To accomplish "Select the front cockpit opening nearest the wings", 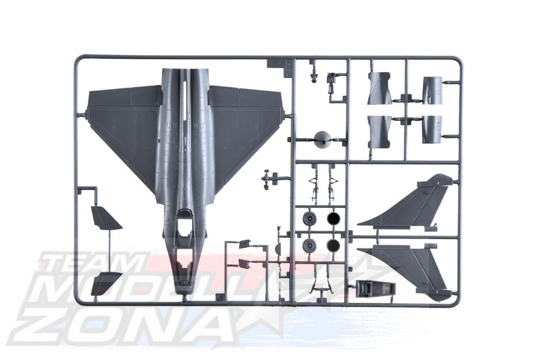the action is (184, 221).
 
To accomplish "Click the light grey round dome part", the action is (322, 140).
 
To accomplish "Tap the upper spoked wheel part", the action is (310, 219).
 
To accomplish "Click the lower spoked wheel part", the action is (310, 246).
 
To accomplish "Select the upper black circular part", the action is (333, 219).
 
